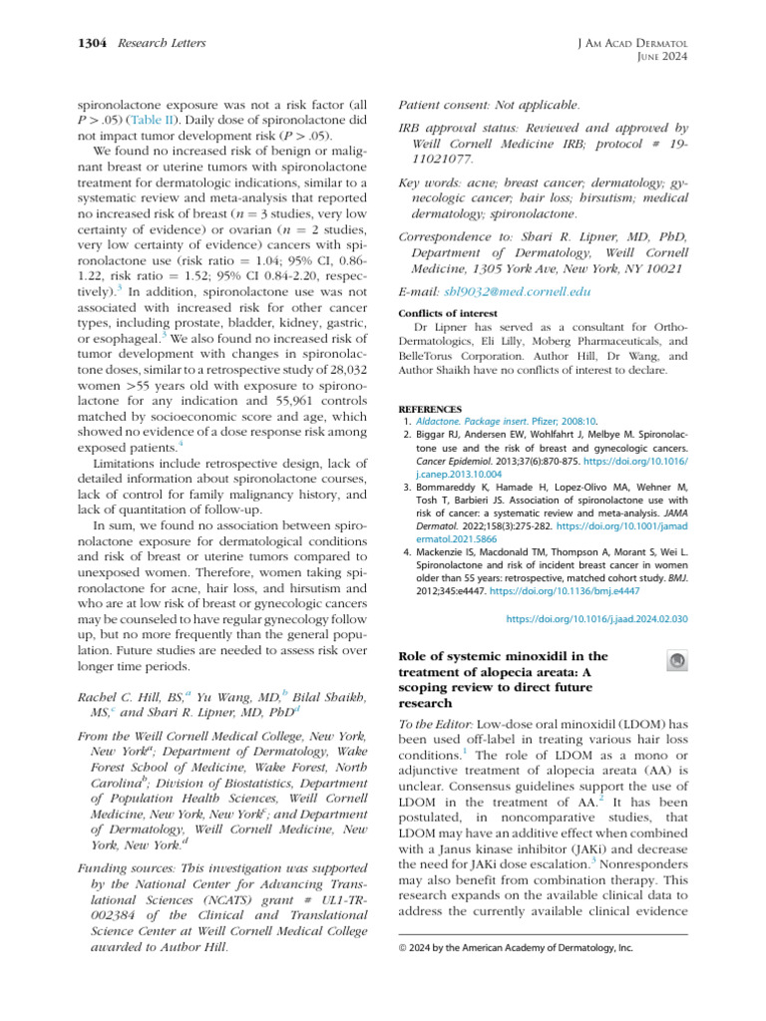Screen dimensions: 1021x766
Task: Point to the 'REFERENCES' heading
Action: click(x=430, y=409)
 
